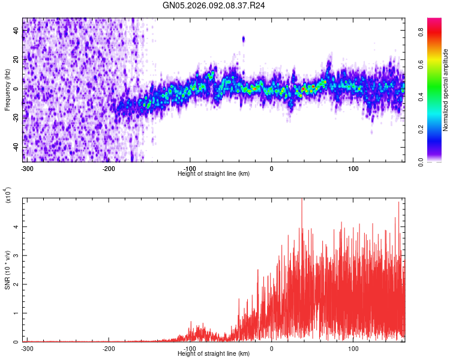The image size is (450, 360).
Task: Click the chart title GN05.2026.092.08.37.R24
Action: coord(214,5)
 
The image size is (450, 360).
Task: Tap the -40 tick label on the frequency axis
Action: coord(16,147)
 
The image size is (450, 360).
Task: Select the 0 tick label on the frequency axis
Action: coord(16,89)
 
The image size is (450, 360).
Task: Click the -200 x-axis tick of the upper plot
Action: coord(109,168)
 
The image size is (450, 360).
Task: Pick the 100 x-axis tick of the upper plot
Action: coord(353,168)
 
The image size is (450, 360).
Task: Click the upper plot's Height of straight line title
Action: coord(214,174)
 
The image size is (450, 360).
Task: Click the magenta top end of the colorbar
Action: coord(434,20)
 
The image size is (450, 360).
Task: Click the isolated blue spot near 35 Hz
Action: coord(244,40)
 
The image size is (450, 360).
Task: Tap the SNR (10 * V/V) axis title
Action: coord(7,270)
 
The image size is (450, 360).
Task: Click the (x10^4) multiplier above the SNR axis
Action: coord(7,196)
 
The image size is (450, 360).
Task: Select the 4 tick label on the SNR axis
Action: coord(16,227)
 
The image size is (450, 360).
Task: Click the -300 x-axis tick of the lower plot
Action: coord(27,348)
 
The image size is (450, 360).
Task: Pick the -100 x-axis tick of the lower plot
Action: coord(190,348)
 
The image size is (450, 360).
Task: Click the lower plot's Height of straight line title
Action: coord(214,354)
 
